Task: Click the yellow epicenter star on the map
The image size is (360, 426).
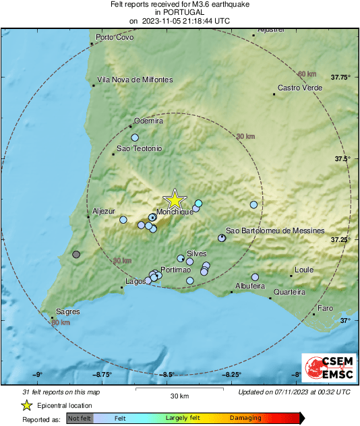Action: [x=175, y=200]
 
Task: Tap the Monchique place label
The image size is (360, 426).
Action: [x=175, y=212]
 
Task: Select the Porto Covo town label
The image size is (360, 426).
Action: [x=115, y=37]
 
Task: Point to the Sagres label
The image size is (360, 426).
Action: [x=67, y=311]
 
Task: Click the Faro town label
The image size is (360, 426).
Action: [x=326, y=308]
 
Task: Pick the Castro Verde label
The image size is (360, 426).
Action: [x=297, y=88]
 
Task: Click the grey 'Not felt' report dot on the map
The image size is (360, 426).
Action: [x=76, y=255]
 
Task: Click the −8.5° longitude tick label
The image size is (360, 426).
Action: [x=168, y=375]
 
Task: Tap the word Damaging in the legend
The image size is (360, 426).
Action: [x=245, y=418]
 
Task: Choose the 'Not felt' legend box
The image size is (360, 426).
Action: [x=79, y=418]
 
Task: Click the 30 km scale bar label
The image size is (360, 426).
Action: [x=179, y=396]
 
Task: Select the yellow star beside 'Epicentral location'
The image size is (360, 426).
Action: [x=26, y=405]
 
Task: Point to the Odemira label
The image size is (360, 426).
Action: [x=149, y=121]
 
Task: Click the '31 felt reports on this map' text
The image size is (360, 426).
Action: [x=61, y=392]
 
